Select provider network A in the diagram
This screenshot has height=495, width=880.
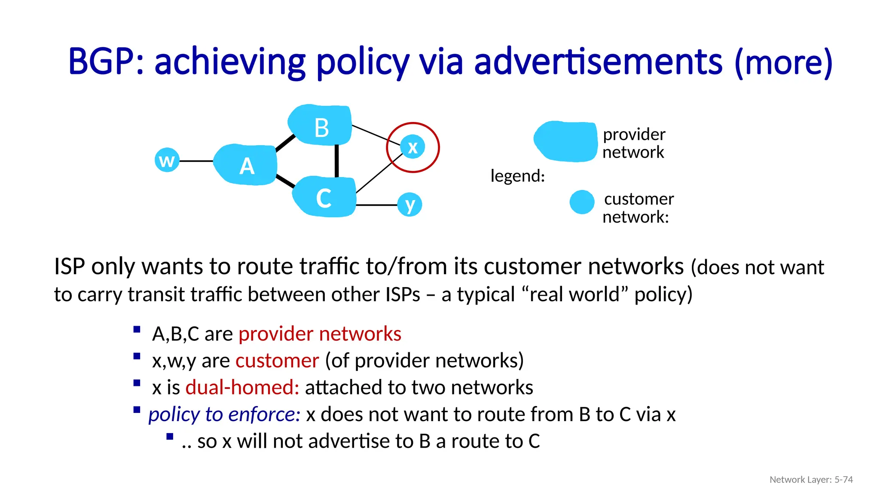[246, 165]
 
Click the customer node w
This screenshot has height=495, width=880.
[167, 160]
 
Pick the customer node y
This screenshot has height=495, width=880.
[409, 205]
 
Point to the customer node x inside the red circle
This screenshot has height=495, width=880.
[412, 147]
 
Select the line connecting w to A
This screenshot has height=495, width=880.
[196, 161]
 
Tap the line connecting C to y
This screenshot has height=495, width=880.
[376, 205]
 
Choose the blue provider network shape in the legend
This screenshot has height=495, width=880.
[565, 141]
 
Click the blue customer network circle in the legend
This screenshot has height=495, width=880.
[582, 202]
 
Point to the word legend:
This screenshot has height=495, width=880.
[517, 176]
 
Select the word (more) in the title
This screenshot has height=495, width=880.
[783, 63]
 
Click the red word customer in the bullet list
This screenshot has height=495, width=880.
[277, 361]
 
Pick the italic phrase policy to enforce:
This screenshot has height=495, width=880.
[224, 414]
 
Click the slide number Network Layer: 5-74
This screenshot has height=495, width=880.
[811, 480]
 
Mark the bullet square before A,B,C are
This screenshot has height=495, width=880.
[137, 330]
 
